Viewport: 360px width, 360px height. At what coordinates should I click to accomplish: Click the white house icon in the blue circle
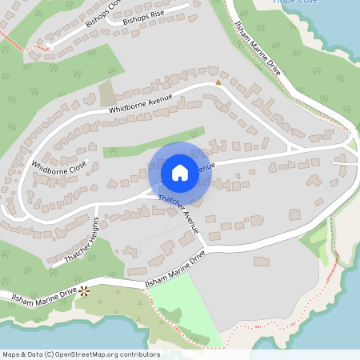pyautogui.click(x=180, y=172)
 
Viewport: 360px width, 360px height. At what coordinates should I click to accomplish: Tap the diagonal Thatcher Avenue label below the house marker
pyautogui.click(x=179, y=210)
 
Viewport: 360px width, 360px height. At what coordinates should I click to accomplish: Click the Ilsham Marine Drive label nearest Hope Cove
pyautogui.click(x=257, y=48)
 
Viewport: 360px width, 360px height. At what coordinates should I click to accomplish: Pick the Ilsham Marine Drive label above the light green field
pyautogui.click(x=175, y=270)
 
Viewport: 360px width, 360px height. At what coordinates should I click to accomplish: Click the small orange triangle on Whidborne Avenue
pyautogui.click(x=218, y=82)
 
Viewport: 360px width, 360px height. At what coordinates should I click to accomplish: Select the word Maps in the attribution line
pyautogui.click(x=12, y=354)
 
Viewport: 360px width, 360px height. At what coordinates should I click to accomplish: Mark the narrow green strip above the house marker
pyautogui.click(x=152, y=142)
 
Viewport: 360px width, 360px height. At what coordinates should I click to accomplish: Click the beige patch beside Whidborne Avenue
pyautogui.click(x=107, y=94)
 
